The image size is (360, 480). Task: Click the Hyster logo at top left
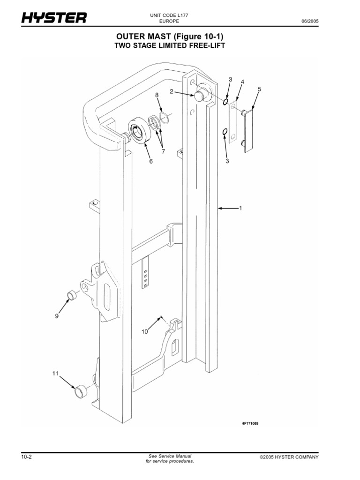(x=53, y=19)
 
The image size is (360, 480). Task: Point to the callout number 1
(x=240, y=208)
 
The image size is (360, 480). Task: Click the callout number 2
(x=172, y=92)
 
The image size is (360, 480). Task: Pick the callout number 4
(x=242, y=82)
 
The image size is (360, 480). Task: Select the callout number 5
(x=259, y=89)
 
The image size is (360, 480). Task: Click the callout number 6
(x=151, y=161)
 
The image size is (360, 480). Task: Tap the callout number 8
(x=157, y=95)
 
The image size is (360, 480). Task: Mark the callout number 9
(x=57, y=316)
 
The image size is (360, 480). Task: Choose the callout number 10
(x=145, y=331)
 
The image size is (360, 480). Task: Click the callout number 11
(x=55, y=374)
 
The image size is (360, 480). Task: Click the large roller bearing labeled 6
(x=138, y=131)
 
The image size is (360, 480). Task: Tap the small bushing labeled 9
(x=72, y=295)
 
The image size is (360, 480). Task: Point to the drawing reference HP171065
(x=250, y=423)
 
